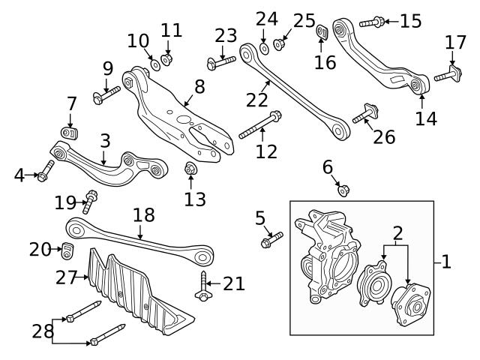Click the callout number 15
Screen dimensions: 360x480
[x=410, y=21]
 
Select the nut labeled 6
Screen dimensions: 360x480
[x=342, y=189]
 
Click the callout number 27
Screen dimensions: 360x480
[x=67, y=277]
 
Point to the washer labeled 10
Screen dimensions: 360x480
[x=154, y=64]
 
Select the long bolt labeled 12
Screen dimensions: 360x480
[x=259, y=125]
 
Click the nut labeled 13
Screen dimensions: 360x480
[x=191, y=168]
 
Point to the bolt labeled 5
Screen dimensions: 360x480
[x=271, y=241]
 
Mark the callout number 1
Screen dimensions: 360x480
[x=446, y=262]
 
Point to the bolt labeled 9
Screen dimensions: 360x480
[x=106, y=94]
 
